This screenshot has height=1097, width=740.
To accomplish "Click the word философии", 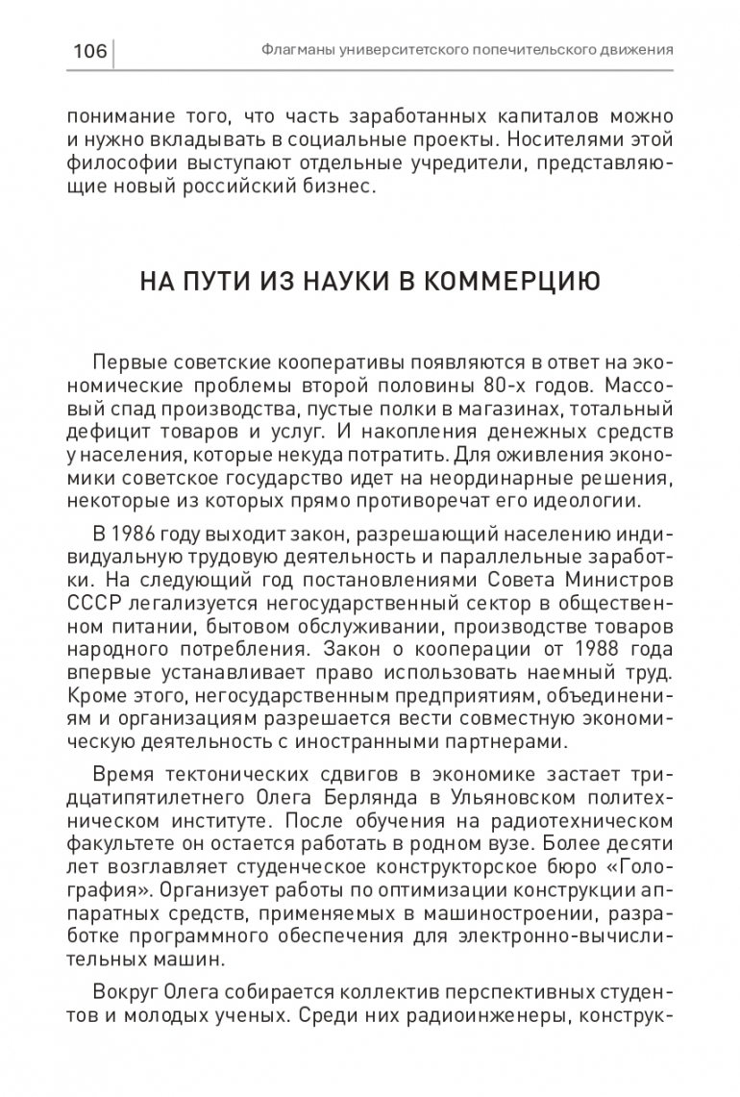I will pyautogui.click(x=122, y=163).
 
